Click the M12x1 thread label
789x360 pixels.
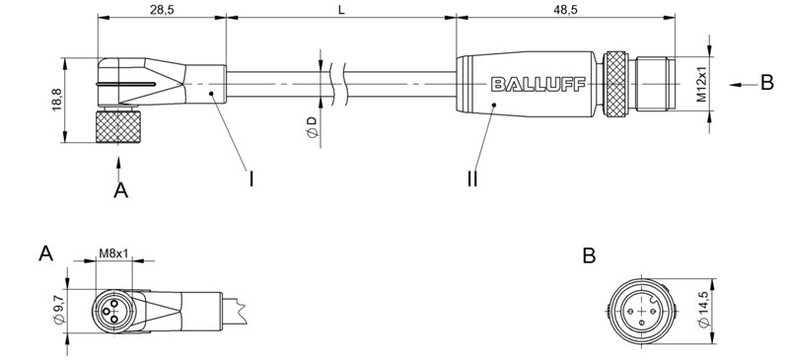(x=700, y=86)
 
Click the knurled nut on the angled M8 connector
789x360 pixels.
(x=120, y=126)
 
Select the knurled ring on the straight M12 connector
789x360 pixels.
(x=618, y=86)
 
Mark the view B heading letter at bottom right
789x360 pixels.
(x=589, y=255)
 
